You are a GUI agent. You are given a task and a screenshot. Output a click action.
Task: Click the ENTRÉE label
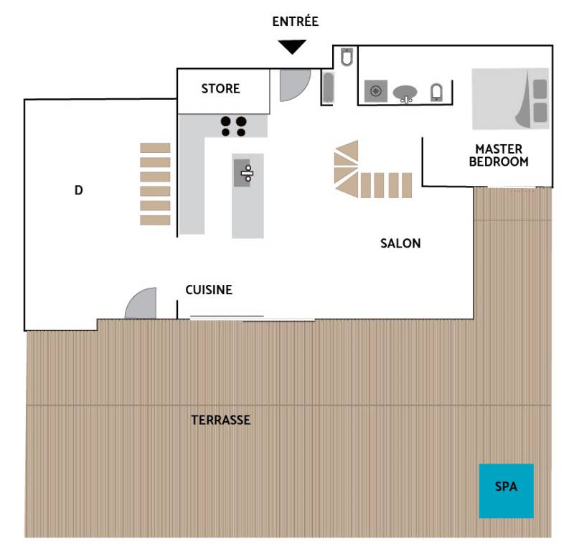[x=295, y=22]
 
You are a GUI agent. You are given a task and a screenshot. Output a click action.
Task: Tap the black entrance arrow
[x=292, y=47]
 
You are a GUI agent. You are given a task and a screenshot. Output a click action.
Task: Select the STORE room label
[x=220, y=88]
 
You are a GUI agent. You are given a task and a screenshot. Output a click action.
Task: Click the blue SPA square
[x=507, y=491]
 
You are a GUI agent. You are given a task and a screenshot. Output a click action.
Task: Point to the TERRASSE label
[x=220, y=420]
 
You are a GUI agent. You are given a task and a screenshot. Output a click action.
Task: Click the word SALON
[x=400, y=243]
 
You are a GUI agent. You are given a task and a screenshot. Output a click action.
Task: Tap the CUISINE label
[x=209, y=290]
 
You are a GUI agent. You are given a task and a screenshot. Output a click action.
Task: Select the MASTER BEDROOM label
[x=499, y=155]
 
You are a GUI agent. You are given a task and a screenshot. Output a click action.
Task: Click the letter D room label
[x=78, y=190]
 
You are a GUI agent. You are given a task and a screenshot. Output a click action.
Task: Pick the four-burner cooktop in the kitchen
[x=233, y=126]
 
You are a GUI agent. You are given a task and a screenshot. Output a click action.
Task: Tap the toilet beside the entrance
[x=347, y=57]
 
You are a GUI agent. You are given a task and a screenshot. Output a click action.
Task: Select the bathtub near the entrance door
[x=328, y=88]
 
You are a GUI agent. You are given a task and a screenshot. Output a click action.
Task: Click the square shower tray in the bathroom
[x=375, y=91]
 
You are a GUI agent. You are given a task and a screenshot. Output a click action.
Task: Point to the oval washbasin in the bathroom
[x=405, y=93]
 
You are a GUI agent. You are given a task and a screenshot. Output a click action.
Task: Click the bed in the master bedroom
[x=510, y=98]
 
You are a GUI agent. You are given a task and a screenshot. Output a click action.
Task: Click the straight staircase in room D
[x=155, y=184]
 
